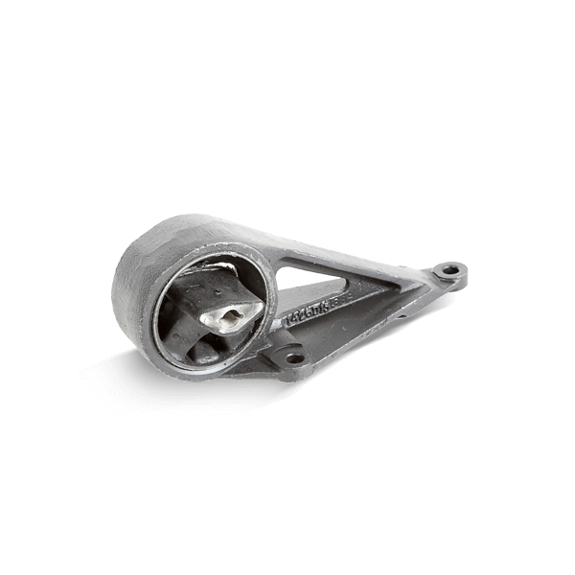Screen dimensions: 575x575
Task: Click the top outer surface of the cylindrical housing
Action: coord(192,230)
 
